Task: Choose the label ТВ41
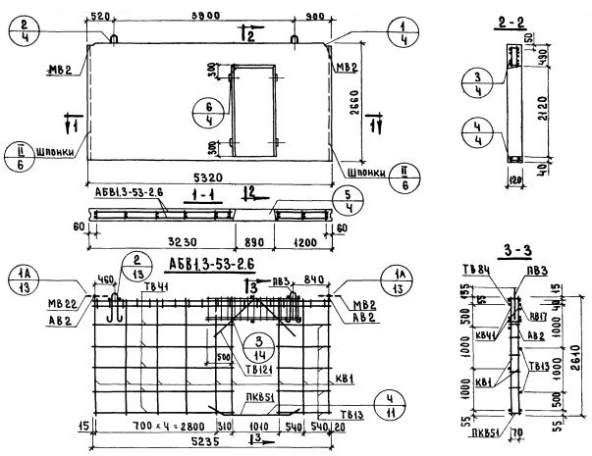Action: (x=155, y=287)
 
